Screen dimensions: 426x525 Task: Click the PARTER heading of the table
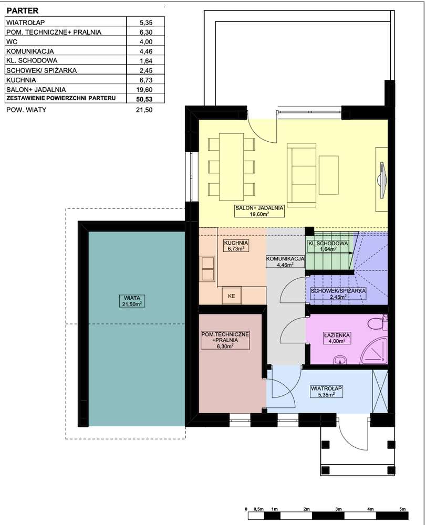click(23, 10)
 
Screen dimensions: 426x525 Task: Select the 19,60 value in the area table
click(146, 89)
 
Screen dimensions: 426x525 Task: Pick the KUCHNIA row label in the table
click(21, 80)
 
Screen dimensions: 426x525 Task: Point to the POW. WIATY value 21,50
click(144, 110)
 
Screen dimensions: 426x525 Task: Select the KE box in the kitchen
click(232, 296)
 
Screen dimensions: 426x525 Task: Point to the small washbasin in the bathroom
click(340, 360)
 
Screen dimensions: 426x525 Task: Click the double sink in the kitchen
click(207, 268)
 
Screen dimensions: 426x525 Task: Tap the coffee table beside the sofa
click(328, 175)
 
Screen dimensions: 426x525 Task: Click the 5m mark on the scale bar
click(402, 509)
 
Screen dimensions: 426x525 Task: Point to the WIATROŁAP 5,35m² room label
click(326, 392)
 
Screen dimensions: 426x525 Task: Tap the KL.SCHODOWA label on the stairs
click(328, 246)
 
